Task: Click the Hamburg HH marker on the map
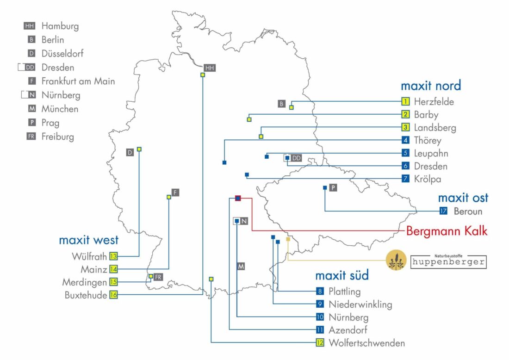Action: click(x=210, y=68)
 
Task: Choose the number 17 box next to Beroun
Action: click(x=444, y=211)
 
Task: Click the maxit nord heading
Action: click(x=430, y=86)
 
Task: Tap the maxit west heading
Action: click(x=88, y=240)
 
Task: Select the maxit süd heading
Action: click(x=342, y=276)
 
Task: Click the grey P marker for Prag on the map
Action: click(x=333, y=187)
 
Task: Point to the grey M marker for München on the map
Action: click(x=241, y=267)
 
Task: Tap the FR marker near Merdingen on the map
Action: click(x=158, y=277)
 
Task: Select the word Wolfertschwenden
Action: click(x=366, y=343)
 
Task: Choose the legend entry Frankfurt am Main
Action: click(x=78, y=81)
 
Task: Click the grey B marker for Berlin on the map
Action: click(x=282, y=104)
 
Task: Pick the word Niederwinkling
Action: click(x=360, y=304)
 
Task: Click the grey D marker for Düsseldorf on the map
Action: click(x=130, y=152)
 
